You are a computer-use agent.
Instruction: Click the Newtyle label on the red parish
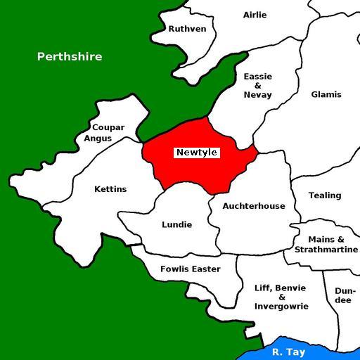coord(197,153)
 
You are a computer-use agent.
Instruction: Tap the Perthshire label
coord(70,56)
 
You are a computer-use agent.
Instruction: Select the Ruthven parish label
coord(188,29)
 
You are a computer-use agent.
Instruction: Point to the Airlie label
coord(255,15)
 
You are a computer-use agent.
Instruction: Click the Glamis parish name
coord(326,94)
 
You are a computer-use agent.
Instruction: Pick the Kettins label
coord(110,189)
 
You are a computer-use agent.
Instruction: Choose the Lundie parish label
coord(176,225)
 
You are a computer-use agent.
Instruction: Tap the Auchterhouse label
coord(254,206)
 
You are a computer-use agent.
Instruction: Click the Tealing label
coord(325,195)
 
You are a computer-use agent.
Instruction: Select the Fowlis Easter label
coord(190,269)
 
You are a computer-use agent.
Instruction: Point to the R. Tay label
coord(288,352)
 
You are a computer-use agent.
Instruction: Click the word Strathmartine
coord(326,250)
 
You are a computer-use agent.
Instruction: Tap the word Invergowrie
coord(281,307)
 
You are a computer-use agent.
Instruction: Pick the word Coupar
coord(108,127)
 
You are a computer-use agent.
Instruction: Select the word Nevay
coord(257,94)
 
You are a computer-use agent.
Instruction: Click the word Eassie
coord(257,76)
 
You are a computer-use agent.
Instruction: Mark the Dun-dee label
coord(343,295)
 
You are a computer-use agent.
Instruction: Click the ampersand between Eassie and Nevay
coord(257,85)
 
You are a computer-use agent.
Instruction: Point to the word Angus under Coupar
coord(98,138)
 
